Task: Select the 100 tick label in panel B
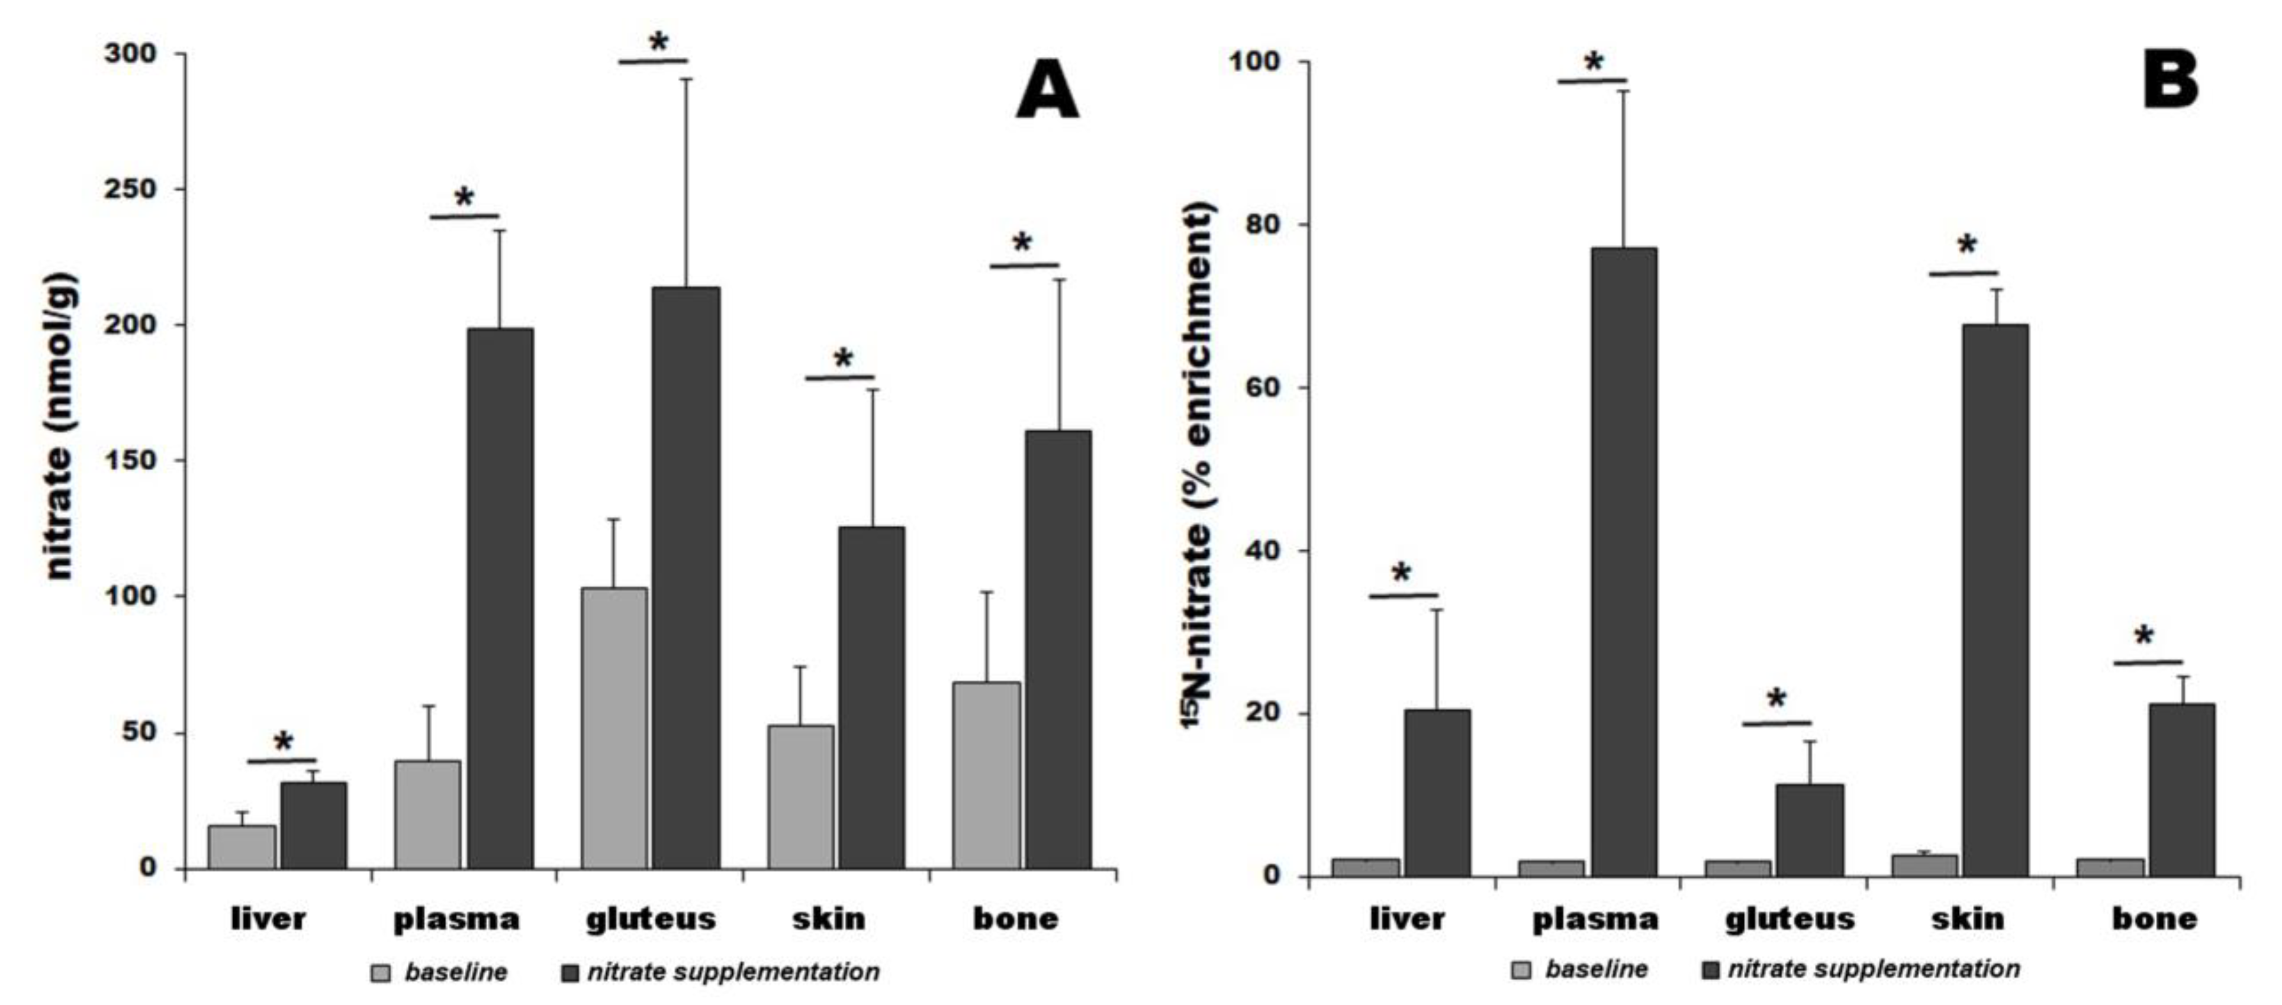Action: [1249, 62]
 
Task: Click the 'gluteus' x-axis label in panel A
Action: [650, 919]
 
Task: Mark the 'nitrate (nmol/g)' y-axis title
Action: [60, 425]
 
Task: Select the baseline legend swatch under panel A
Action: [381, 973]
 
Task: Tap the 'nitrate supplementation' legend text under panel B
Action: [1874, 970]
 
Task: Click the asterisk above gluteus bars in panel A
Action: [658, 43]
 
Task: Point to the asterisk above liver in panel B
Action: [1401, 574]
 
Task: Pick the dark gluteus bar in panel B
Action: [1809, 830]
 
